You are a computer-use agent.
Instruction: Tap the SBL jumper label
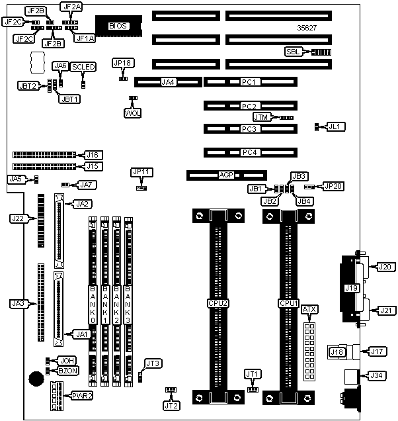pyautogui.click(x=292, y=52)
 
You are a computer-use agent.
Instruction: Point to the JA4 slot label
pyautogui.click(x=168, y=83)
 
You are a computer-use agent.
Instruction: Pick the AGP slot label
pyautogui.click(x=227, y=176)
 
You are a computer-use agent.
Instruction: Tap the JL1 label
pyautogui.click(x=336, y=126)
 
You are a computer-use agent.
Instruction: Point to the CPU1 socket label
pyautogui.click(x=288, y=303)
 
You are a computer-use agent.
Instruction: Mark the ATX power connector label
pyautogui.click(x=309, y=310)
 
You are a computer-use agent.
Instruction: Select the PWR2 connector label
pyautogui.click(x=83, y=396)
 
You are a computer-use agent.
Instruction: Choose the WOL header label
pyautogui.click(x=133, y=113)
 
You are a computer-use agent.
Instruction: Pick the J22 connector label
pyautogui.click(x=18, y=217)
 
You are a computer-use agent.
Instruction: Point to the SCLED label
pyautogui.click(x=83, y=67)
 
